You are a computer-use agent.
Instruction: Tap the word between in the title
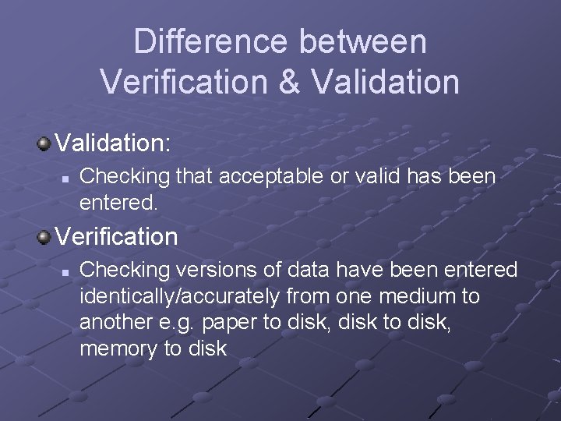click(365, 42)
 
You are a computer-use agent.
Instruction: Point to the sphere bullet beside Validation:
click(44, 143)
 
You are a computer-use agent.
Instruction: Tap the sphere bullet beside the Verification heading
click(44, 235)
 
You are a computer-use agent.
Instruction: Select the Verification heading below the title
click(116, 235)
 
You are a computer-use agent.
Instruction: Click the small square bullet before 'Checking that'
click(66, 179)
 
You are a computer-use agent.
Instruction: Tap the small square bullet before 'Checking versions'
click(66, 271)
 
